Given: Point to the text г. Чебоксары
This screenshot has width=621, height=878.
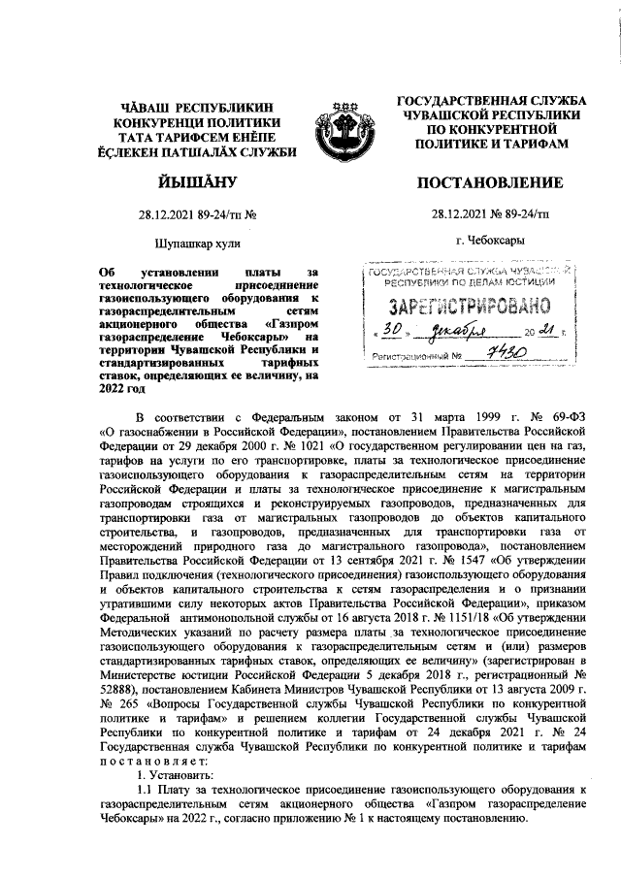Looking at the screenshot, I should [x=490, y=239].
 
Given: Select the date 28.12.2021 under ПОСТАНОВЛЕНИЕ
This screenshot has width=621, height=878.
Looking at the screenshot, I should [x=456, y=215].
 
